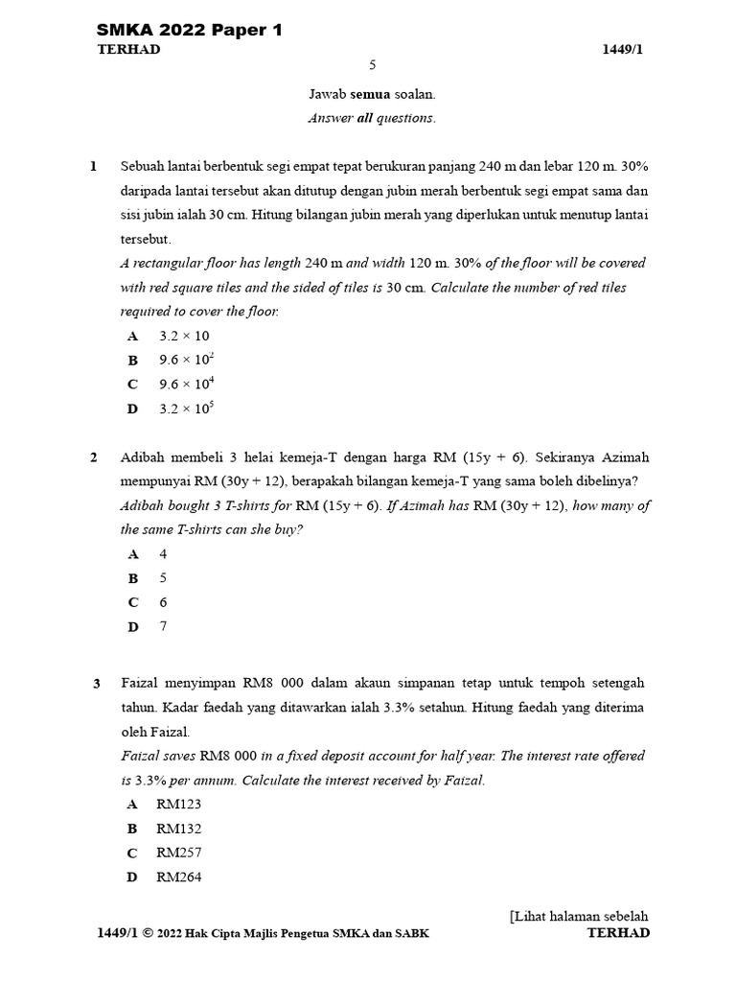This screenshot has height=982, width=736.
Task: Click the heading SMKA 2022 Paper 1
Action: (x=190, y=31)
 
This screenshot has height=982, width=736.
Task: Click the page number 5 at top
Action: (x=373, y=65)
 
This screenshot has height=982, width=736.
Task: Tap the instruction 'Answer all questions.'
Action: (x=372, y=118)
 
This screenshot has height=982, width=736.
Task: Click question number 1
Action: (x=94, y=166)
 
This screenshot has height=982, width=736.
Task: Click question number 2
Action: (x=94, y=457)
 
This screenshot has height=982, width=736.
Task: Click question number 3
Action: (x=97, y=684)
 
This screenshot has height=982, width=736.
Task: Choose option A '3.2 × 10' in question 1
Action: (x=183, y=336)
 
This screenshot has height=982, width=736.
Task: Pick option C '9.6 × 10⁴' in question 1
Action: (x=186, y=384)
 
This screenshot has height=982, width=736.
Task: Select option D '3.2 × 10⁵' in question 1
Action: (x=186, y=409)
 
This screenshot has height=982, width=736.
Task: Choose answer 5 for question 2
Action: (x=163, y=578)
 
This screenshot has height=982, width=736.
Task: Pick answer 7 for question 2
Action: (x=163, y=626)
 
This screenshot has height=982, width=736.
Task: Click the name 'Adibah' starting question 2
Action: (x=143, y=457)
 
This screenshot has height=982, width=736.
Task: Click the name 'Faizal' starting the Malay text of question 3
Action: (x=141, y=683)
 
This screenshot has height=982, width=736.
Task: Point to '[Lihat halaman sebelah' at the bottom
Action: (x=580, y=916)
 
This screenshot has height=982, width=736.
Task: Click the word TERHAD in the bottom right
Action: (x=618, y=932)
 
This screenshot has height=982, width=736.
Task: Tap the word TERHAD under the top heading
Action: (x=129, y=50)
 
